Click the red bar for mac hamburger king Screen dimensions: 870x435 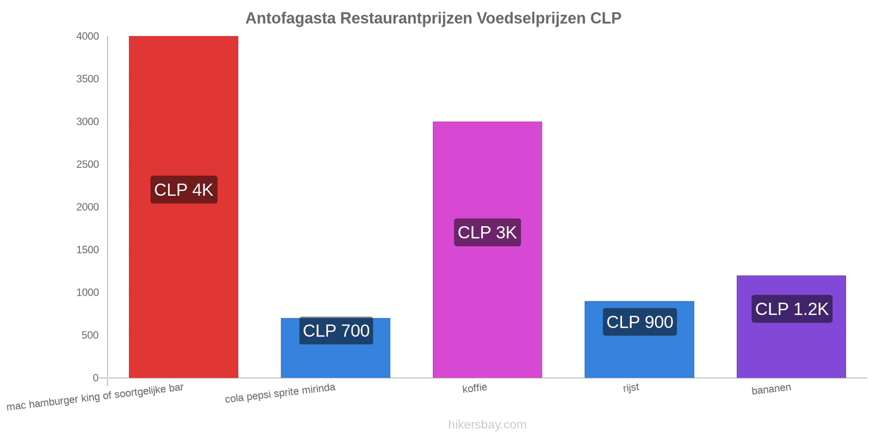(183, 207)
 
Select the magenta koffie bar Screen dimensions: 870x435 (487, 250)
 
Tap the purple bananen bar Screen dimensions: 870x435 (791, 327)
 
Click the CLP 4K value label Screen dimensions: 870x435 (184, 190)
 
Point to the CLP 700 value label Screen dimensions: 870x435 (336, 331)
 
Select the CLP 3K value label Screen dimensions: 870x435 (487, 232)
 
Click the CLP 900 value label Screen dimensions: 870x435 (639, 322)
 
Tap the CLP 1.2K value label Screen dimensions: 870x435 (792, 309)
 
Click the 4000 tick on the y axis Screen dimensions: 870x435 (88, 36)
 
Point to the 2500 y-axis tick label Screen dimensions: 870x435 (88, 164)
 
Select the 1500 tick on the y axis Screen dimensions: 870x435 (88, 250)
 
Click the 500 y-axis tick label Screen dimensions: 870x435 (90, 335)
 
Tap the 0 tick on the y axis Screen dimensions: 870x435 (96, 378)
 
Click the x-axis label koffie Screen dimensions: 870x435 (475, 388)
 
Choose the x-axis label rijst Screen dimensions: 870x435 (631, 388)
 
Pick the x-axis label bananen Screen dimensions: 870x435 (772, 389)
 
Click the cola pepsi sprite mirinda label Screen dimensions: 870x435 (280, 393)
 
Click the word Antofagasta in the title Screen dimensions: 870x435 (290, 18)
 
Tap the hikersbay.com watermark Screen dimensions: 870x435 (487, 424)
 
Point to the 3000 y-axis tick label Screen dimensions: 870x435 (88, 122)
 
